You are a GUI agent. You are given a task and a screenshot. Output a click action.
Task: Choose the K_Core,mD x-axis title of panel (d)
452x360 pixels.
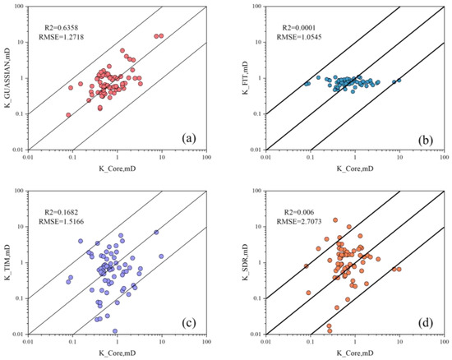point(354,354)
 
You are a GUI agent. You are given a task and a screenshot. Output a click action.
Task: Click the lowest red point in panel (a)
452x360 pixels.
point(69,115)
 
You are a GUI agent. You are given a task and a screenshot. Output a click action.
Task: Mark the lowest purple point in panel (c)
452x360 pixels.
point(115,331)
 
